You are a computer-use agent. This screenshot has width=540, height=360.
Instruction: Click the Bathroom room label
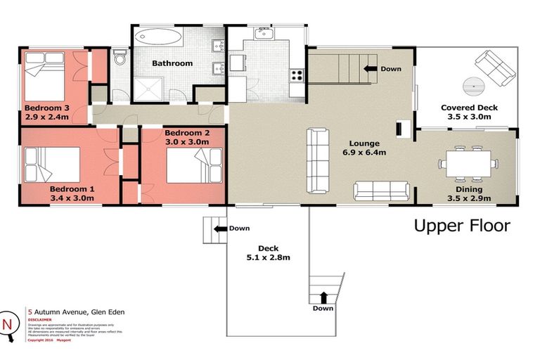pos(172,63)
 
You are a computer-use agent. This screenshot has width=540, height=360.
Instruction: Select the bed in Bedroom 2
pos(187,168)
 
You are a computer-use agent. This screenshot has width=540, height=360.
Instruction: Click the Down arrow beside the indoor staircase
pos(370,69)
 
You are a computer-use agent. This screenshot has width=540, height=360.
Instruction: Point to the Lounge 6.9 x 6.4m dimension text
pos(363,152)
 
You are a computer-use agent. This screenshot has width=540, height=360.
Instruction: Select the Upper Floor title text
pos(461,226)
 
